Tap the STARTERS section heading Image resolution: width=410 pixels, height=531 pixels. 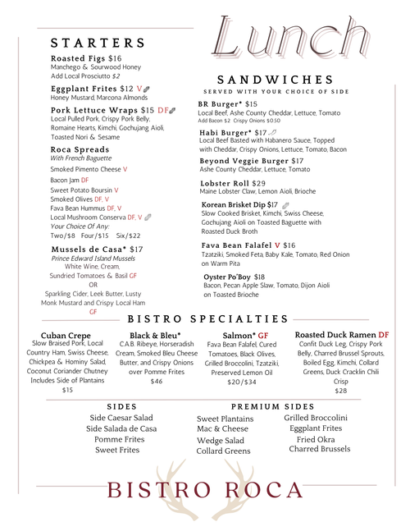click(x=98, y=43)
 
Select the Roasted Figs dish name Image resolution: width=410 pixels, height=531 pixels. click(x=78, y=58)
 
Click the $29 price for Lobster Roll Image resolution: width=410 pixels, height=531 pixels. click(x=258, y=184)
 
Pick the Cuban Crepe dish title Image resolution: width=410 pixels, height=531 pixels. click(x=66, y=336)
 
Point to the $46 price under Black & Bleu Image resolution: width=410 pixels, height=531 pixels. click(x=156, y=381)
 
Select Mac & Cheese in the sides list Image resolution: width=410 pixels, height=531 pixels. click(x=222, y=428)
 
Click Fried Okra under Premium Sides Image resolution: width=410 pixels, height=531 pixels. click(x=313, y=439)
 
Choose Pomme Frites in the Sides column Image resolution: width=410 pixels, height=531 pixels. click(x=120, y=439)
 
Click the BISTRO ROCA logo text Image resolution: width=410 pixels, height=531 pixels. click(x=205, y=490)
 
